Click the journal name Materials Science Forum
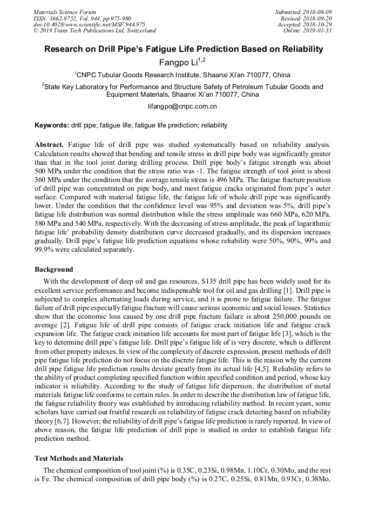(65, 12)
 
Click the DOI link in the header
(89, 24)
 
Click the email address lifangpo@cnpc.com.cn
(182, 106)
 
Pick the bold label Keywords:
(52, 125)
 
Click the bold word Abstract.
(49, 145)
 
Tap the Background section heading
(53, 269)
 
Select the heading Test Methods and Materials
(79, 459)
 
